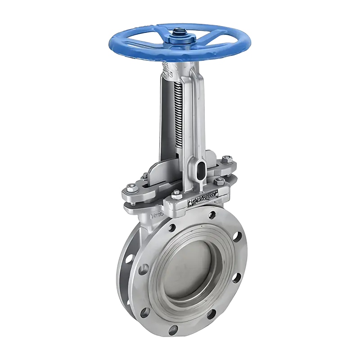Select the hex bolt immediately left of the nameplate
[x=176, y=194]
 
